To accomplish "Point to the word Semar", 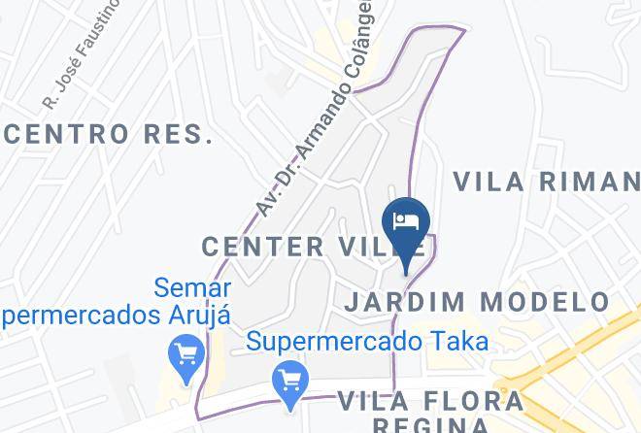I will (192, 288).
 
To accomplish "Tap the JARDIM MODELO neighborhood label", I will (477, 302).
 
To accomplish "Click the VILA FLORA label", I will (430, 400).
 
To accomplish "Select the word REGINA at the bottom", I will (432, 425).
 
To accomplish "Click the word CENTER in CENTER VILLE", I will (263, 247).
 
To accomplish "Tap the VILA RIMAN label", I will (546, 183).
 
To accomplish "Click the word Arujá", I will (197, 316).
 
